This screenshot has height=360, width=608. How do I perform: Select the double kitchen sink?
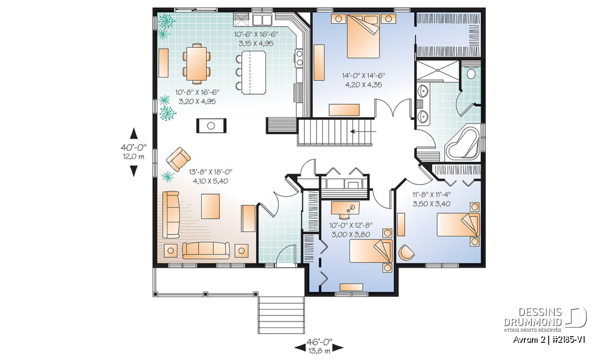[x=262, y=19]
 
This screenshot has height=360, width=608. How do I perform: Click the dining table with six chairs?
[x=197, y=63]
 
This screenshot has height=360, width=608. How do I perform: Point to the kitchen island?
[x=254, y=72]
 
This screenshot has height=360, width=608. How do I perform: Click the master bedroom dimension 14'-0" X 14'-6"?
[x=363, y=75]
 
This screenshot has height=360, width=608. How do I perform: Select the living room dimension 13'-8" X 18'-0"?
[x=211, y=172]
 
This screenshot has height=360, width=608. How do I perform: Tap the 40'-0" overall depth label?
[x=134, y=147]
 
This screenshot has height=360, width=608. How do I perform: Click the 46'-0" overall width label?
[x=319, y=341]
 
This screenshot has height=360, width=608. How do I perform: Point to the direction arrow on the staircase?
[x=363, y=132]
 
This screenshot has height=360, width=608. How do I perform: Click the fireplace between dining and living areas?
[x=211, y=126]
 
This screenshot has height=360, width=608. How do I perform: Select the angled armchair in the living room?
[x=178, y=159]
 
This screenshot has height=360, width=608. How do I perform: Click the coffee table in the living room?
[x=210, y=206]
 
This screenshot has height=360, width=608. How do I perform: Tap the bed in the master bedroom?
[x=363, y=36]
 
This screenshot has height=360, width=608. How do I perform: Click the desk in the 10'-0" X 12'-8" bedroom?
[x=345, y=208]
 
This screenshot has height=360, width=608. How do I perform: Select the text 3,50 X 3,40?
[x=432, y=204]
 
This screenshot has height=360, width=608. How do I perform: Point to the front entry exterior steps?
[x=281, y=315]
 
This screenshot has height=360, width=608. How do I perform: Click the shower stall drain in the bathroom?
[x=438, y=70]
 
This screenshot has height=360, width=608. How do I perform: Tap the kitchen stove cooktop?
[x=299, y=58]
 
